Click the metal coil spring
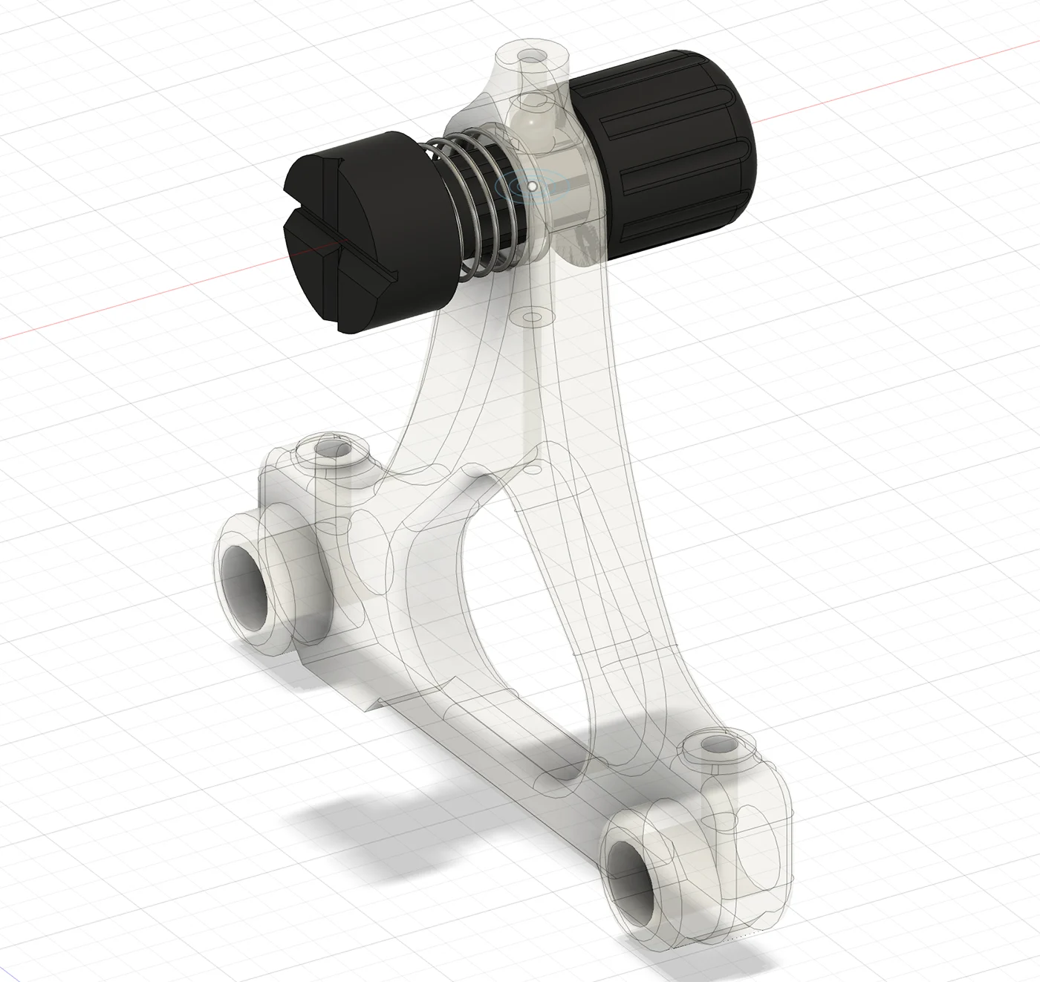coord(475,208)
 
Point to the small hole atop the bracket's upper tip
coord(530,56)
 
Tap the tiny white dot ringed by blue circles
coord(532,186)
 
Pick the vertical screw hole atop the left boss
coord(327,450)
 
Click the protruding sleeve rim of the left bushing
coord(230,565)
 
